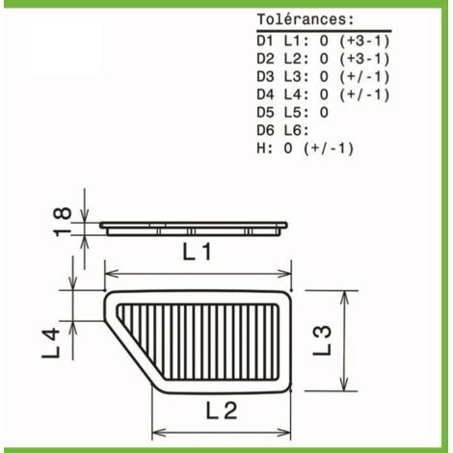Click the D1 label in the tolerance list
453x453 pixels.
[x=265, y=40]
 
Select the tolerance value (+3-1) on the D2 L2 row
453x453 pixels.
[x=364, y=59]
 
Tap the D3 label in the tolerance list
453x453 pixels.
[x=265, y=77]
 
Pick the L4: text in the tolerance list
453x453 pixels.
[x=296, y=94]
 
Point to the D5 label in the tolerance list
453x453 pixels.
[x=265, y=113]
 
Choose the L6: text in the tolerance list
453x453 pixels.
[x=296, y=131]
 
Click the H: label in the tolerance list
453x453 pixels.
[x=265, y=148]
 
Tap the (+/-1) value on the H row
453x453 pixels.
[x=329, y=148]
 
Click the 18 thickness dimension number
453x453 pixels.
[x=63, y=222]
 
